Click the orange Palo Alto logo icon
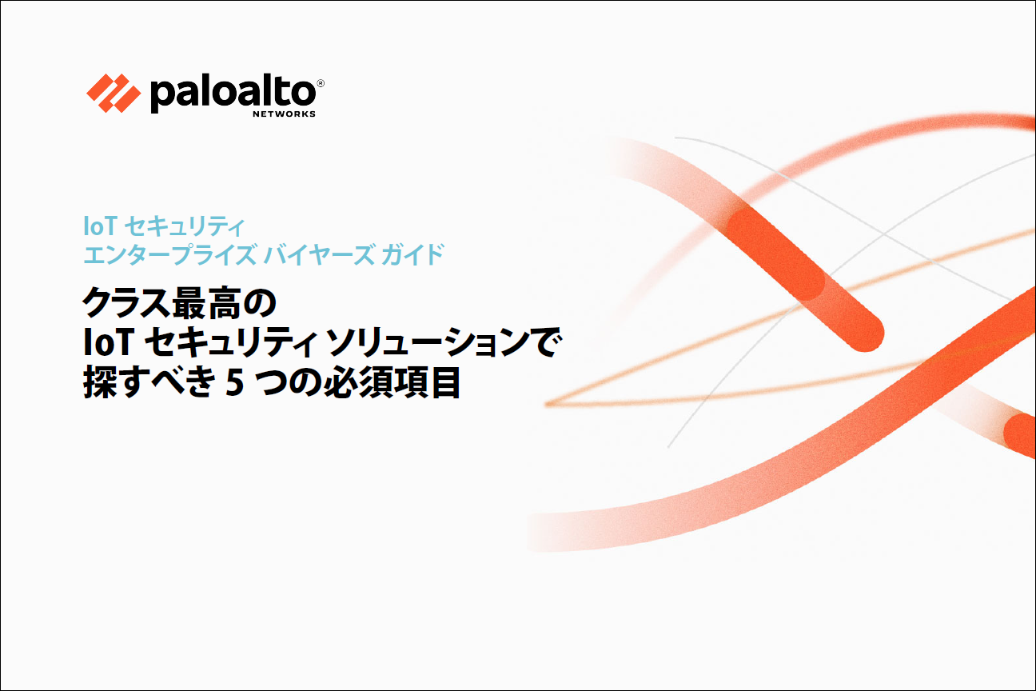(x=114, y=93)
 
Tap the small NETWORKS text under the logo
(x=284, y=114)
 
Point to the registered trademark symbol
(x=321, y=83)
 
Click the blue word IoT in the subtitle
(x=100, y=226)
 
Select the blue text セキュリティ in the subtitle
(x=185, y=226)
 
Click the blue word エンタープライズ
(x=170, y=254)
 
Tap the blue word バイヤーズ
(x=319, y=254)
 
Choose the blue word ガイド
(x=412, y=254)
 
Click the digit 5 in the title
(x=235, y=383)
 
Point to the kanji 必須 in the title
(x=357, y=382)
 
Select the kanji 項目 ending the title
(x=426, y=382)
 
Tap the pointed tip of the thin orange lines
(x=547, y=404)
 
